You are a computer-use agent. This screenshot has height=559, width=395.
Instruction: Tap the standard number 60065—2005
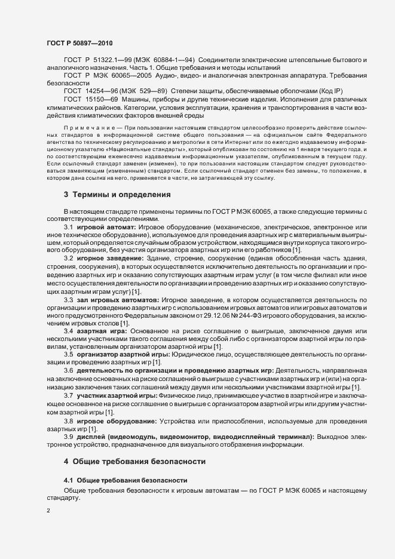pyautogui.click(x=131, y=76)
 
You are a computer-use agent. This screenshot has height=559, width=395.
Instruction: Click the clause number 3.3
pyautogui.click(x=69, y=299)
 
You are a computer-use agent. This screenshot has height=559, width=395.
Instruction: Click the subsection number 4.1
pyautogui.click(x=69, y=480)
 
